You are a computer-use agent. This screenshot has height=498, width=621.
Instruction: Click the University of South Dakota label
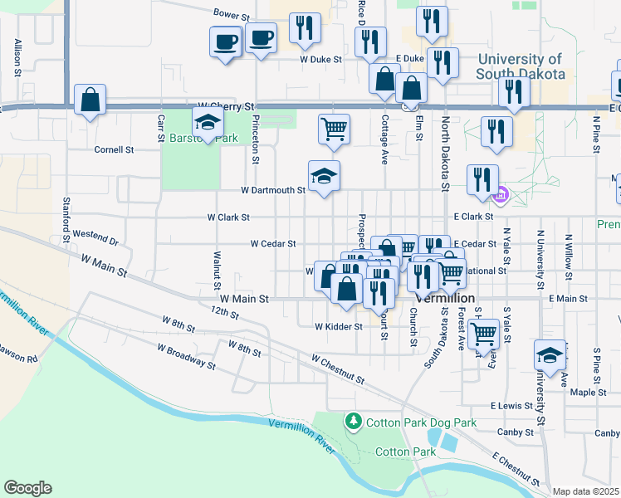pyautogui.click(x=521, y=66)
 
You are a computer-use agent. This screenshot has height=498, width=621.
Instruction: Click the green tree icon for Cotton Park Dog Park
pyautogui.click(x=354, y=422)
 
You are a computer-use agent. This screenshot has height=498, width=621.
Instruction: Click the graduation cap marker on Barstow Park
pyautogui.click(x=206, y=123)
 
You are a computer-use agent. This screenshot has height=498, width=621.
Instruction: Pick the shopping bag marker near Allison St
pyautogui.click(x=90, y=100)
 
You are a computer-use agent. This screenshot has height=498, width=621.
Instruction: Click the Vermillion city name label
pyautogui.click(x=447, y=298)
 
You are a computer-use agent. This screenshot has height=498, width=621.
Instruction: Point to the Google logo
pyautogui.click(x=27, y=488)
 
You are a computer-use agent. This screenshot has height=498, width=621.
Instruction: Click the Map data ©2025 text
pyautogui.click(x=585, y=491)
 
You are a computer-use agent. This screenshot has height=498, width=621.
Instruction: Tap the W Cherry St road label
pyautogui.click(x=224, y=107)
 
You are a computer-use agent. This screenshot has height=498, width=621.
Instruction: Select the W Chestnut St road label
pyautogui.click(x=338, y=370)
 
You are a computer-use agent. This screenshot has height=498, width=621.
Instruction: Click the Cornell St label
pyautogui.click(x=114, y=150)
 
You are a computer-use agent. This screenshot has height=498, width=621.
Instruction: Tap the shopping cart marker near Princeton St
pyautogui.click(x=334, y=129)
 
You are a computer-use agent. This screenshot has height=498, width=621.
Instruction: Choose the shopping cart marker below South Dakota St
pyautogui.click(x=483, y=334)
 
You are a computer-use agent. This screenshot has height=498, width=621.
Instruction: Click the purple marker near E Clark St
pyautogui.click(x=500, y=197)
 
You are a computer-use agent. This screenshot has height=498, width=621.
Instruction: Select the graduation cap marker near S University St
pyautogui.click(x=550, y=354)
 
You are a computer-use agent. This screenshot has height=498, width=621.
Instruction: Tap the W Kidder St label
pyautogui.click(x=339, y=326)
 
